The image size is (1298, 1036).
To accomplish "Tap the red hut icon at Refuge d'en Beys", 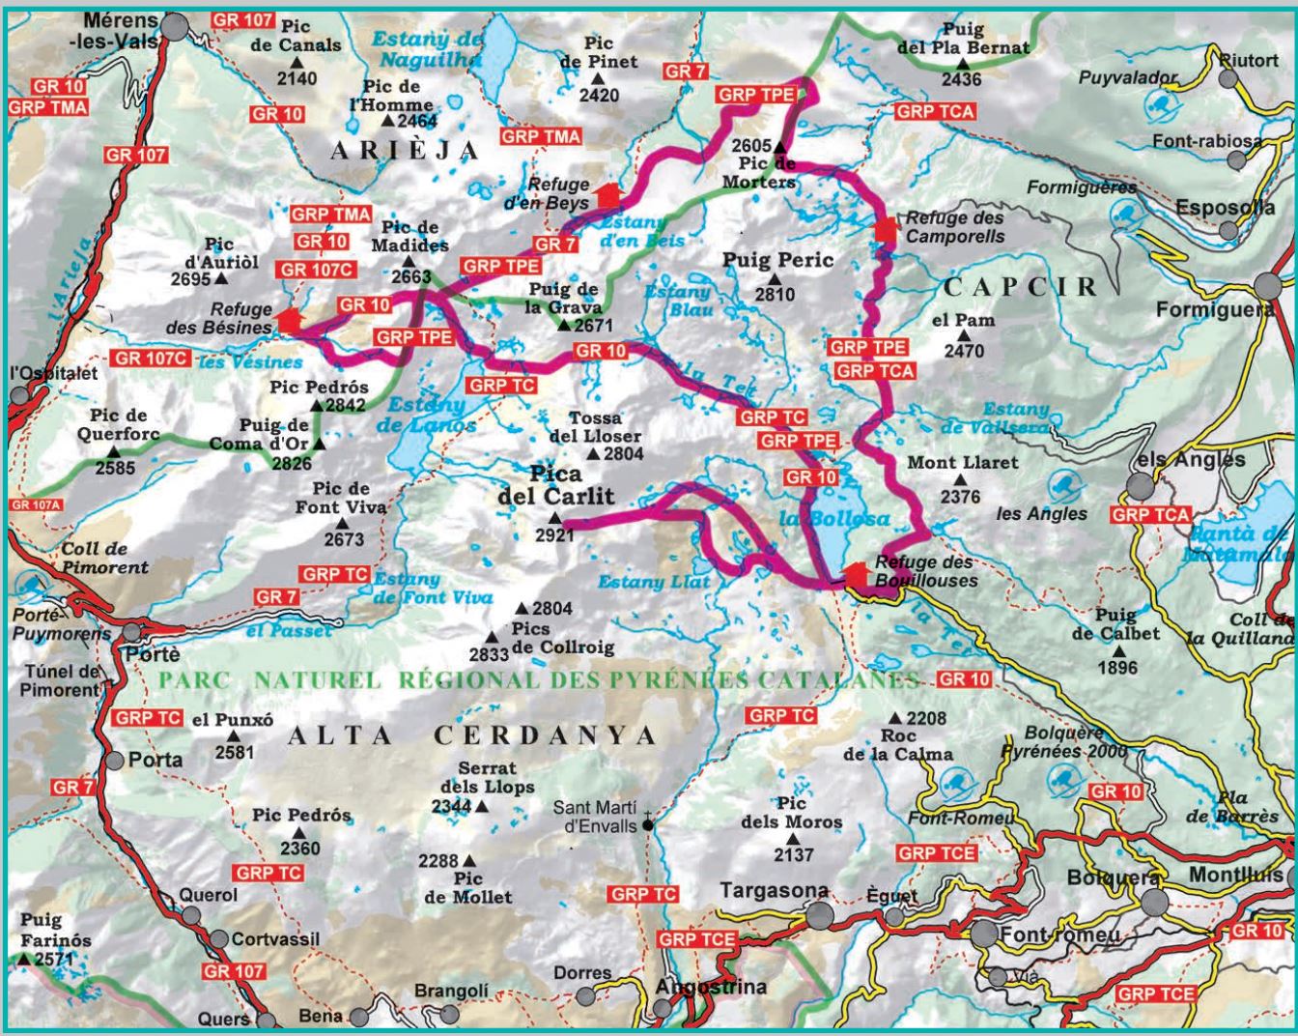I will [607, 192].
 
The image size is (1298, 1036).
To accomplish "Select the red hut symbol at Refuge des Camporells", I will [886, 228].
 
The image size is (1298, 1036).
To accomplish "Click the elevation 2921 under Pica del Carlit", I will [554, 535].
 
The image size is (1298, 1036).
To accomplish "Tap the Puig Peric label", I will [778, 260].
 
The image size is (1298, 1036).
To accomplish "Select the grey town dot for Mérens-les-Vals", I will [174, 27].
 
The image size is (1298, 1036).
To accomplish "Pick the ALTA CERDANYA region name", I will [472, 735].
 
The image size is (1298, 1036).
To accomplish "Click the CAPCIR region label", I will [1021, 286].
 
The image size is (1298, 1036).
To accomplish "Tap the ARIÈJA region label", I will [405, 150].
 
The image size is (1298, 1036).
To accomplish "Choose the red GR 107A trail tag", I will [36, 504].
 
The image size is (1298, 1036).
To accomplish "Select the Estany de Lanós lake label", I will [432, 414].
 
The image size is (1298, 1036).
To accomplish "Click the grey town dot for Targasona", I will [820, 914].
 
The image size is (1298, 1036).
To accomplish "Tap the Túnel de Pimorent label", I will [61, 680].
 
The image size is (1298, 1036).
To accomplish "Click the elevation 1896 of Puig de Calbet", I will [1117, 667].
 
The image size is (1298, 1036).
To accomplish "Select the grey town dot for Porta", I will [114, 761].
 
